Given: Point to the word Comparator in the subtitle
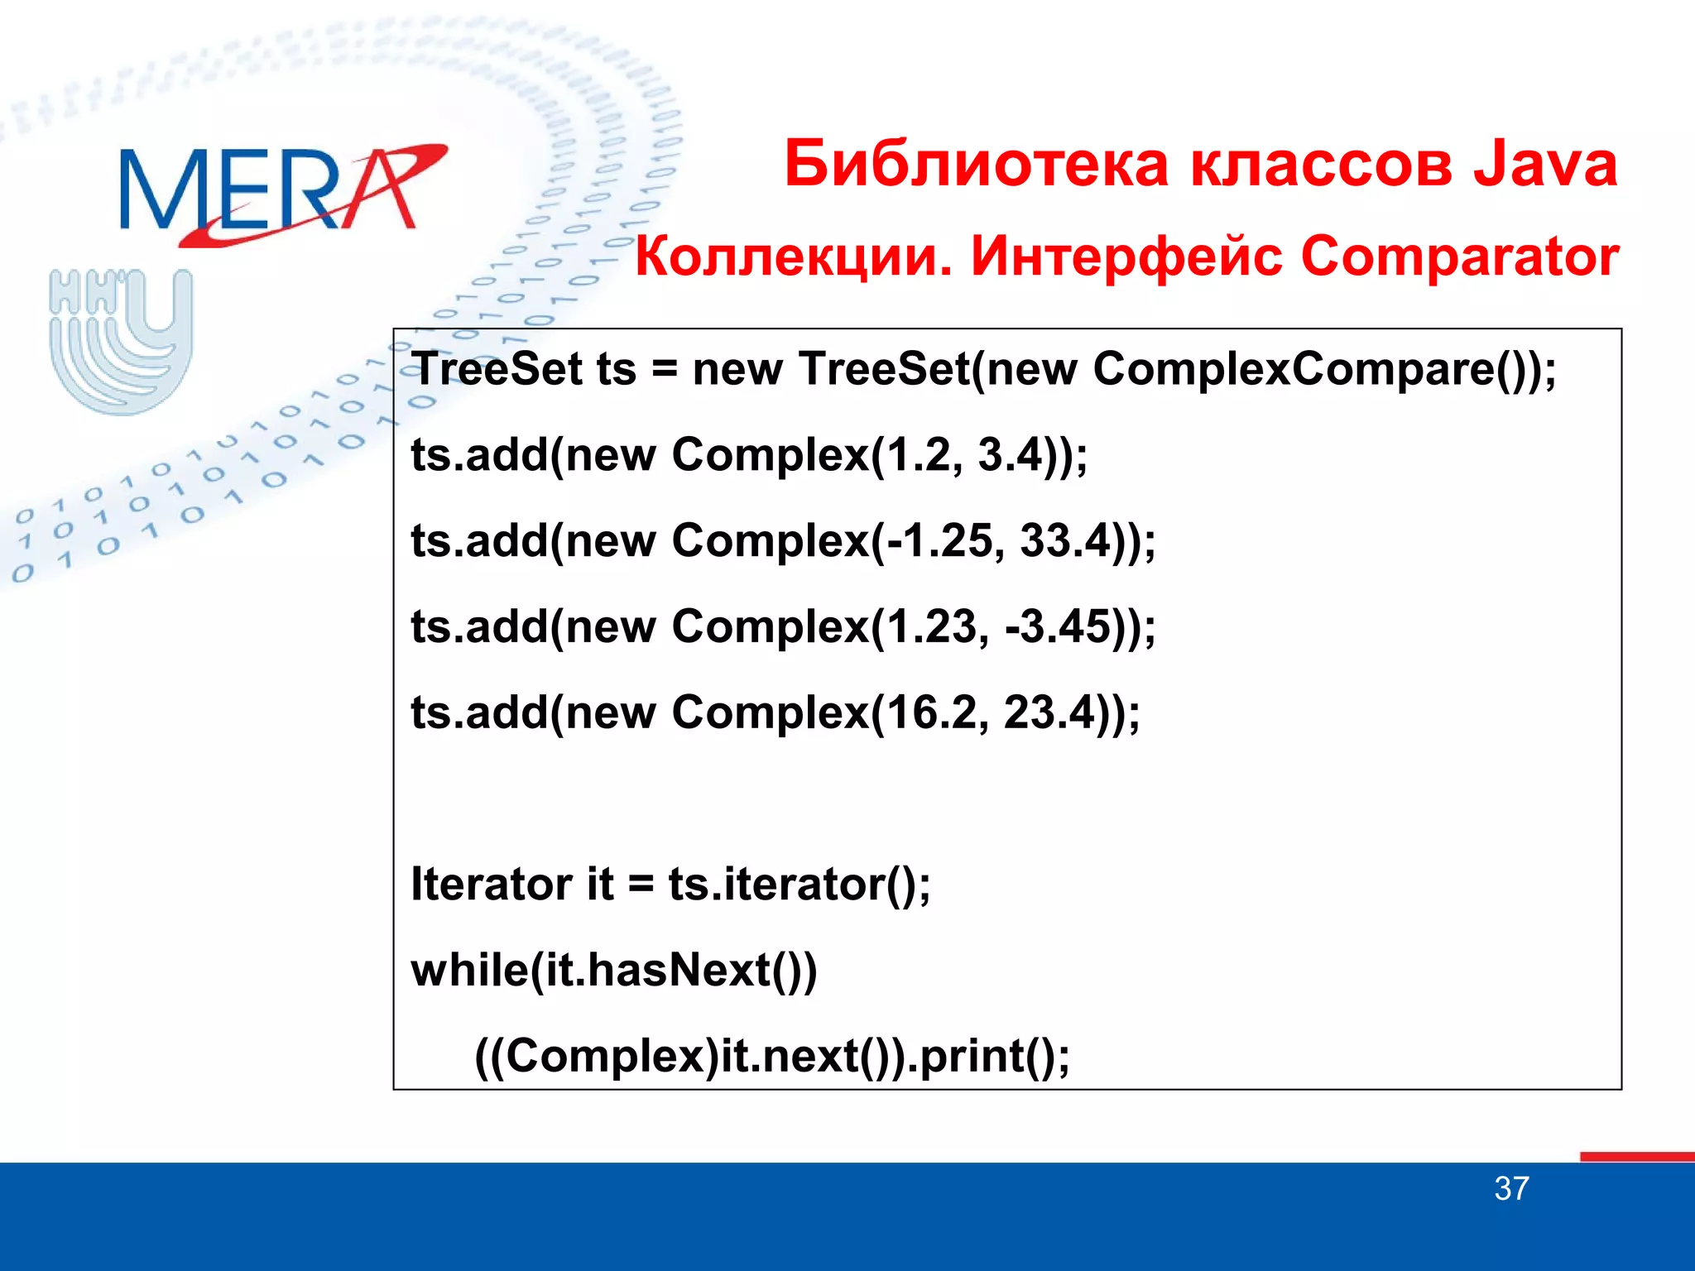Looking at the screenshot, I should click(1459, 257).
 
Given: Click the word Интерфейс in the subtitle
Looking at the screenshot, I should click(1126, 257).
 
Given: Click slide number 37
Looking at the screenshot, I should click(1511, 1189).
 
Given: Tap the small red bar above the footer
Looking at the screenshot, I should click(1636, 1156).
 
